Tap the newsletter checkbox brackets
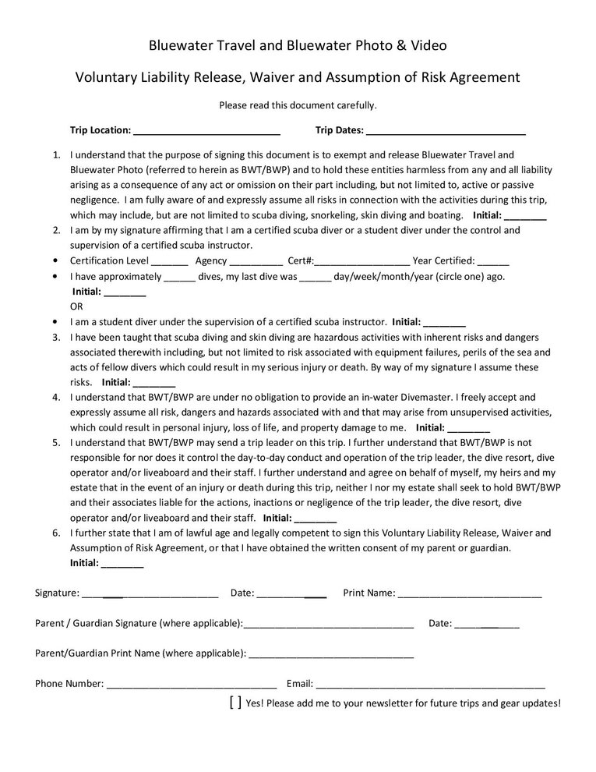pyautogui.click(x=235, y=703)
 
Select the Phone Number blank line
pyautogui.click(x=192, y=684)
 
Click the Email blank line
pyautogui.click(x=430, y=684)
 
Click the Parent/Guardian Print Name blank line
pyautogui.click(x=330, y=653)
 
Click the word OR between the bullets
pyautogui.click(x=76, y=306)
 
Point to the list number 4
pyautogui.click(x=57, y=397)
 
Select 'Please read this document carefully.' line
pyautogui.click(x=298, y=104)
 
